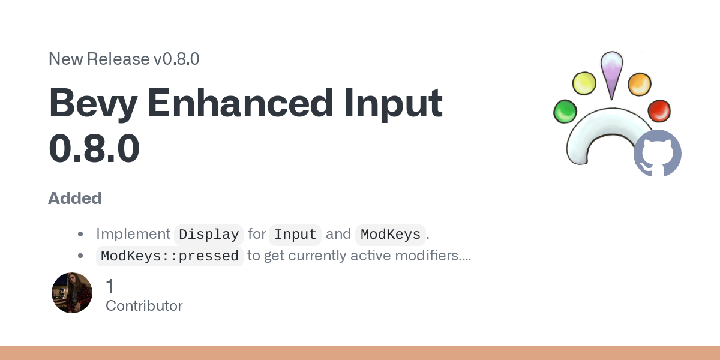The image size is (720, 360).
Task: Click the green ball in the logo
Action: tap(565, 111)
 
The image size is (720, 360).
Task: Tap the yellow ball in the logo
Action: tap(584, 83)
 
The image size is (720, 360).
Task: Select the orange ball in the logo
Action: tap(640, 84)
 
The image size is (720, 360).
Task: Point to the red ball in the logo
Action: tap(659, 111)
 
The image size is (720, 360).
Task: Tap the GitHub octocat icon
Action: tap(658, 153)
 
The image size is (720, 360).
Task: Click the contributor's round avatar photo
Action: tap(72, 293)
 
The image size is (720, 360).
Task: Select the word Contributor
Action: tap(144, 306)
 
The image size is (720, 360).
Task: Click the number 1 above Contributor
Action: tap(110, 286)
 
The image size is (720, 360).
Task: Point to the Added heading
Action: tap(75, 199)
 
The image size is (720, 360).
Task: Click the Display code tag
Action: tap(209, 235)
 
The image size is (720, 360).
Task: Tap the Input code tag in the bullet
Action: tap(295, 235)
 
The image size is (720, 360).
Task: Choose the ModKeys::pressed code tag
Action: tap(170, 256)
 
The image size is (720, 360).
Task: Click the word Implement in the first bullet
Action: tap(133, 234)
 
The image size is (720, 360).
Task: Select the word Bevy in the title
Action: tap(93, 103)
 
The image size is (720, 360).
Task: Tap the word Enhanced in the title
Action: tap(241, 103)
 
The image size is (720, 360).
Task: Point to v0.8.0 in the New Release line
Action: tap(176, 59)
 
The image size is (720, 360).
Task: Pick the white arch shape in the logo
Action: tap(604, 125)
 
